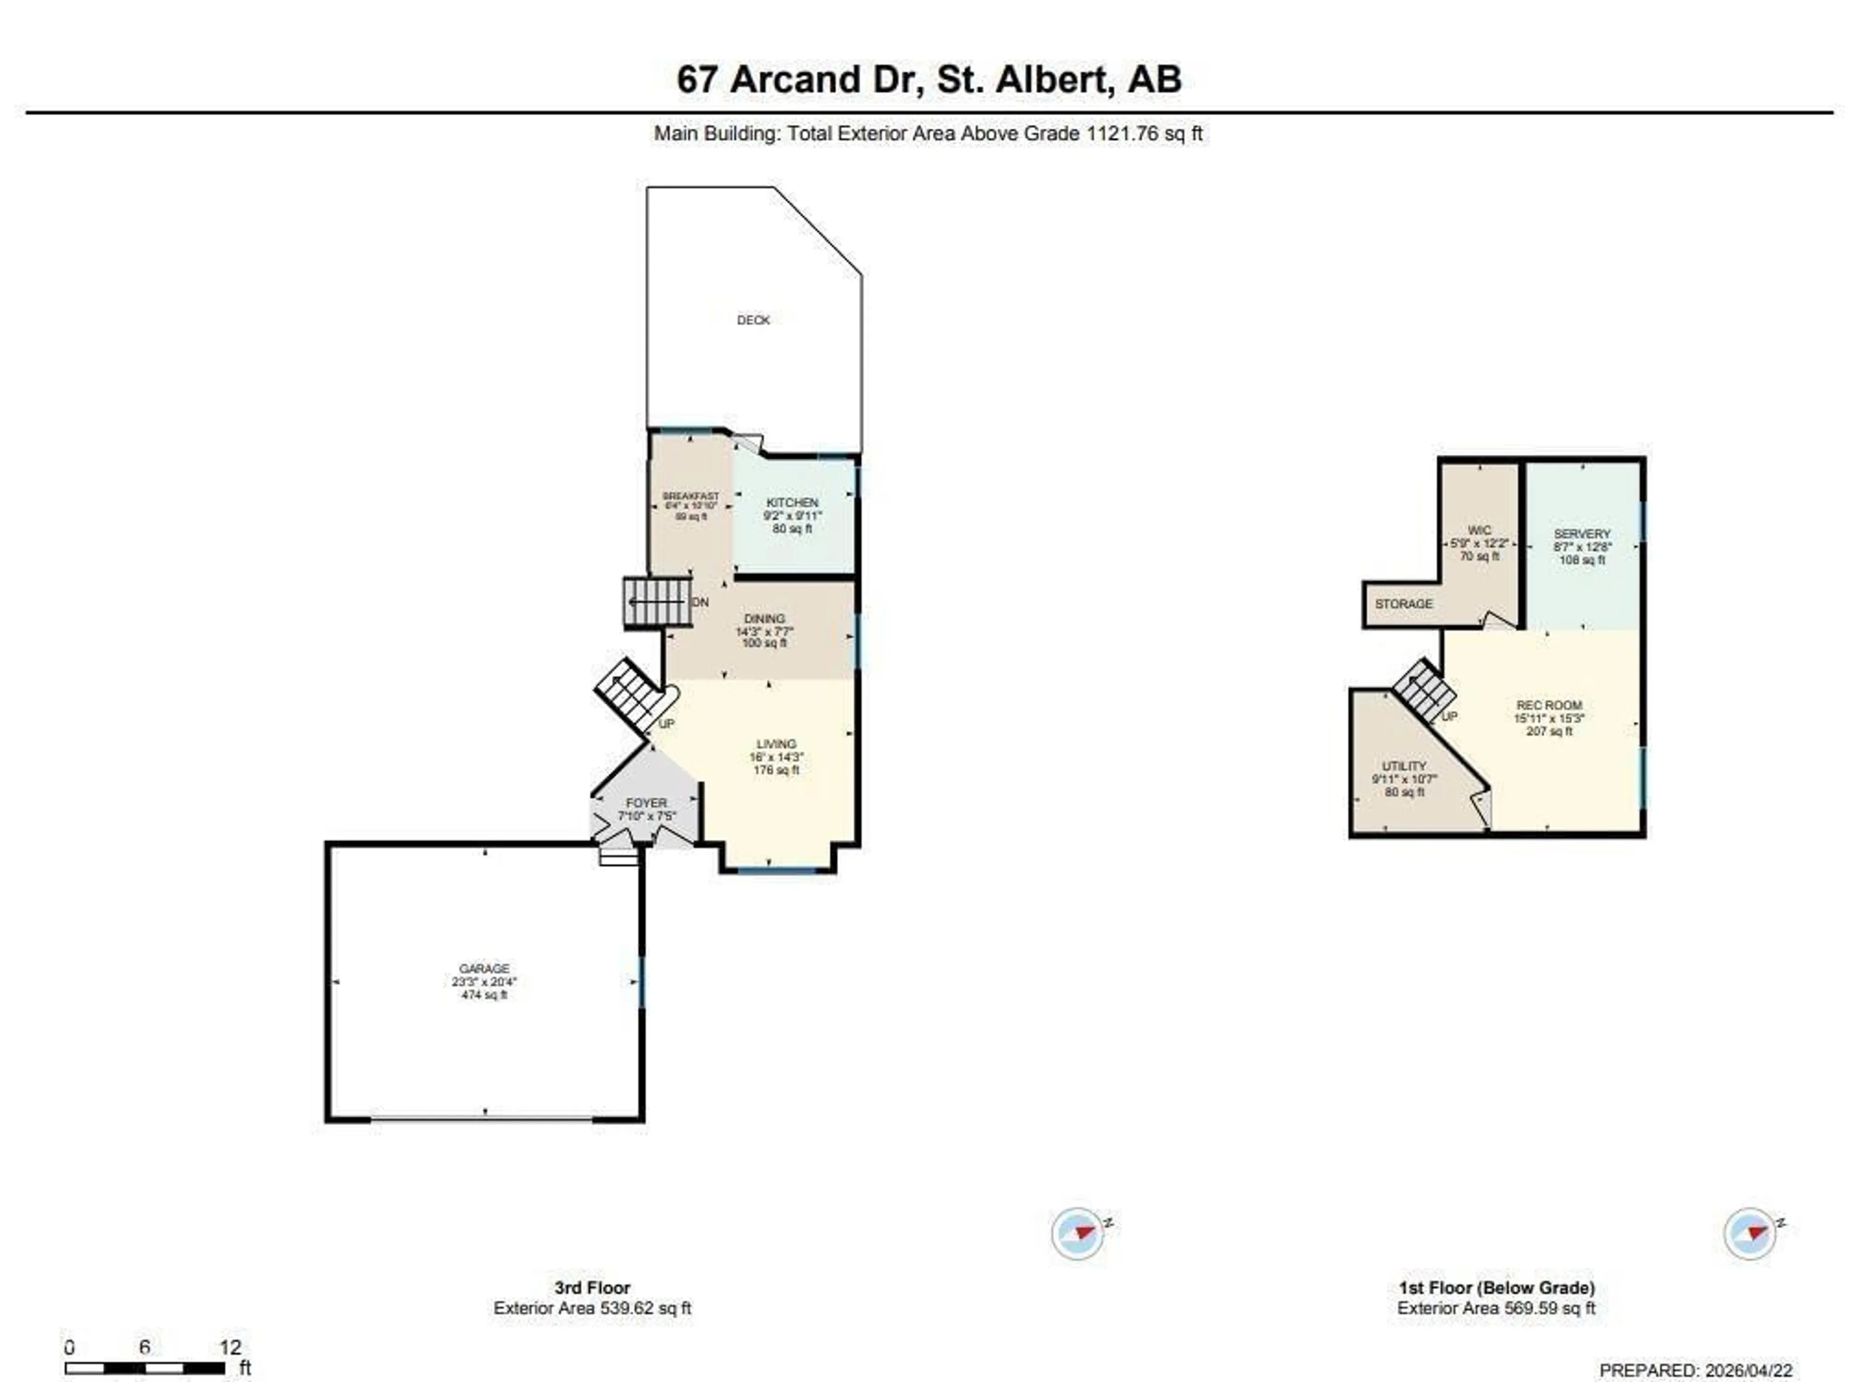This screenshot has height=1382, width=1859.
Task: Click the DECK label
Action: click(x=752, y=320)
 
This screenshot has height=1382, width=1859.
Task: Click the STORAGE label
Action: click(x=1403, y=603)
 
